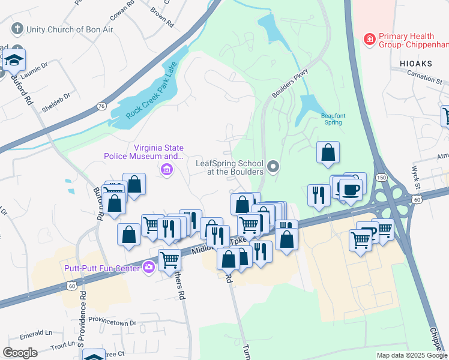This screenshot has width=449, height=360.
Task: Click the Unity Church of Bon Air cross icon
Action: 17,29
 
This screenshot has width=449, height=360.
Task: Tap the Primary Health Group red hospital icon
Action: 370,40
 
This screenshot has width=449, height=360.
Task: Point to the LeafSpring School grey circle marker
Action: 274,166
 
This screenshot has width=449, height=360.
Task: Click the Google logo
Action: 20,353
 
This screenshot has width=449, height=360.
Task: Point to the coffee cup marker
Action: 350,190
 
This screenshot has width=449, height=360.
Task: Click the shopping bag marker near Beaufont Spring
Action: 328,153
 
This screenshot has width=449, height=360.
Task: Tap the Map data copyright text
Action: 411,355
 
